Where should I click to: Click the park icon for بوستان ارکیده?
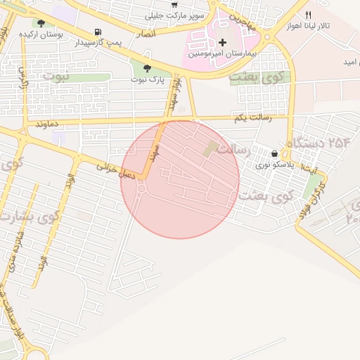(41, 23)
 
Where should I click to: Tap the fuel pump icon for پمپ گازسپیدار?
(97, 32)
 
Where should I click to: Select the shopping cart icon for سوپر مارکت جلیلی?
(174, 4)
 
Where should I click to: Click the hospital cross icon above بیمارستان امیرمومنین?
(223, 43)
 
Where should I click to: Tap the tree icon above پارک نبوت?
(146, 69)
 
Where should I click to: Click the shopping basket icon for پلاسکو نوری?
(274, 153)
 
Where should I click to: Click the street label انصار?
(147, 34)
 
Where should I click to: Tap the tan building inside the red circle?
(211, 148)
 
